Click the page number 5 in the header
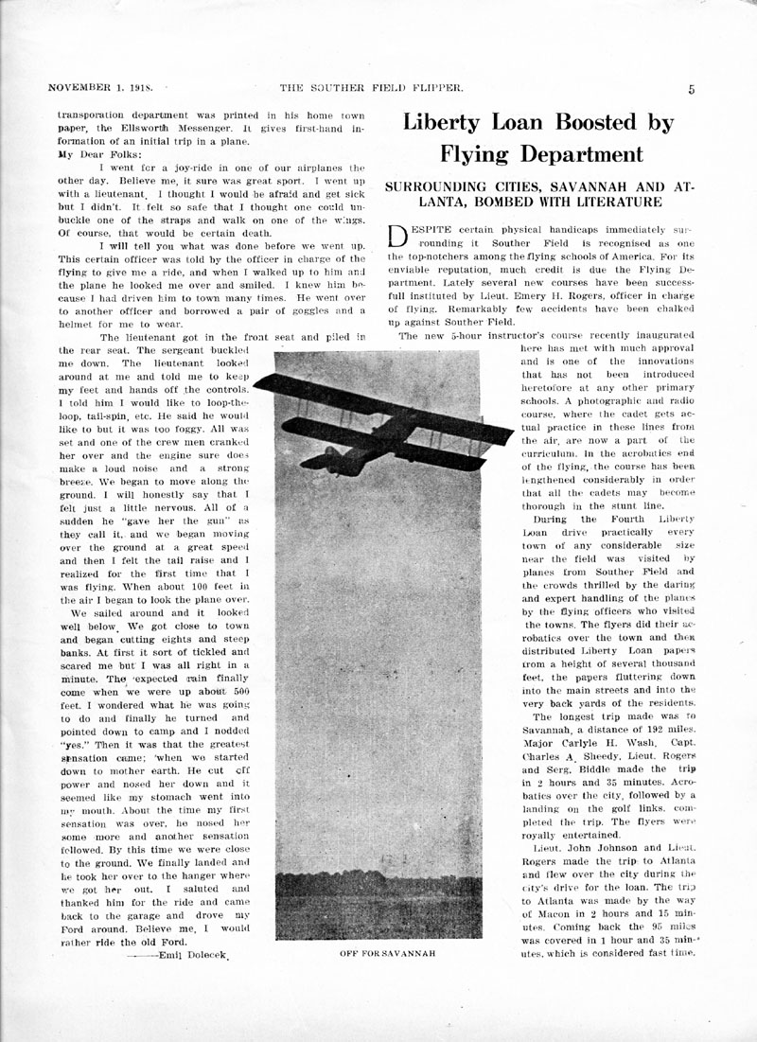pyautogui.click(x=692, y=90)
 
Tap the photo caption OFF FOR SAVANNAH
pyautogui.click(x=388, y=953)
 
